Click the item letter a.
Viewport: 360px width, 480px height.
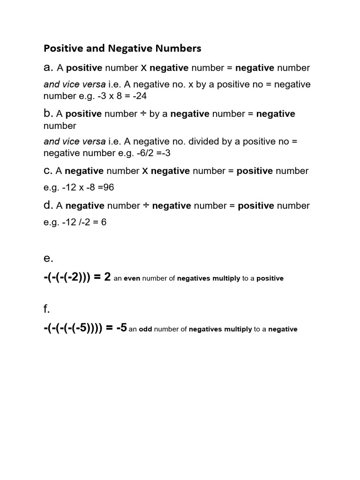[48, 68]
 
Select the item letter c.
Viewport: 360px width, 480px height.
[48, 171]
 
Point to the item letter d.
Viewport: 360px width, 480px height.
[48, 205]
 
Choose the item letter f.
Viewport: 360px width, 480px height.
[47, 309]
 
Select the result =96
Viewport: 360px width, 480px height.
[105, 188]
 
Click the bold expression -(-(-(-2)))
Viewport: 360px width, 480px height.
[69, 277]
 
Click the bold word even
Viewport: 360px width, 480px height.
[132, 278]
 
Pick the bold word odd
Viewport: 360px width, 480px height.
[145, 329]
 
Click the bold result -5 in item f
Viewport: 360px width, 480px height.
[121, 328]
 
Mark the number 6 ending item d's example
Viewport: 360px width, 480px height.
[104, 222]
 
